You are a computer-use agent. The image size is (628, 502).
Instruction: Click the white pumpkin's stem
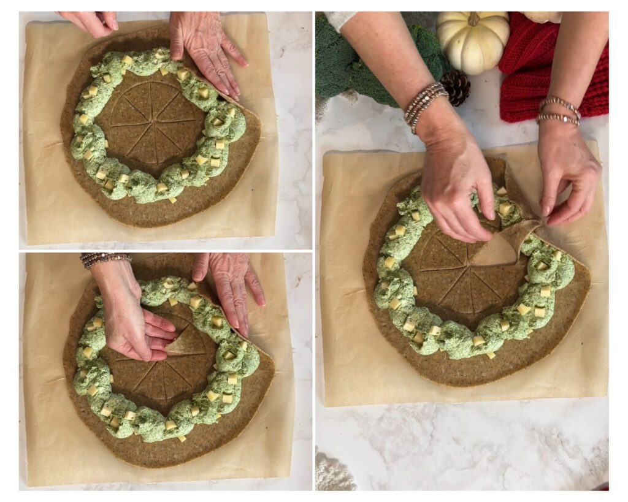473,18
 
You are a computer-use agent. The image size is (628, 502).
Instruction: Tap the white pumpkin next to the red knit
472,42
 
